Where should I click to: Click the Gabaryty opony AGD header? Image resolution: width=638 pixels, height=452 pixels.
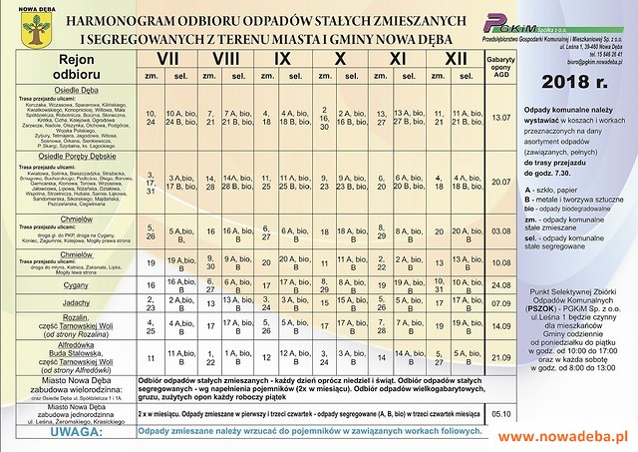pyautogui.click(x=500, y=66)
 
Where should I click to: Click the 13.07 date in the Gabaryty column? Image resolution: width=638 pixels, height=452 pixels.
pyautogui.click(x=500, y=118)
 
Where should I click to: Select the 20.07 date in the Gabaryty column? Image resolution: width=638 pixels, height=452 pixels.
pyautogui.click(x=500, y=182)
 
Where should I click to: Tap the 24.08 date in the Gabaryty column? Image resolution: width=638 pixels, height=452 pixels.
pyautogui.click(x=500, y=284)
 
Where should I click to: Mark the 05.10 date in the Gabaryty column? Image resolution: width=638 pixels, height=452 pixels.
pyautogui.click(x=500, y=410)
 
